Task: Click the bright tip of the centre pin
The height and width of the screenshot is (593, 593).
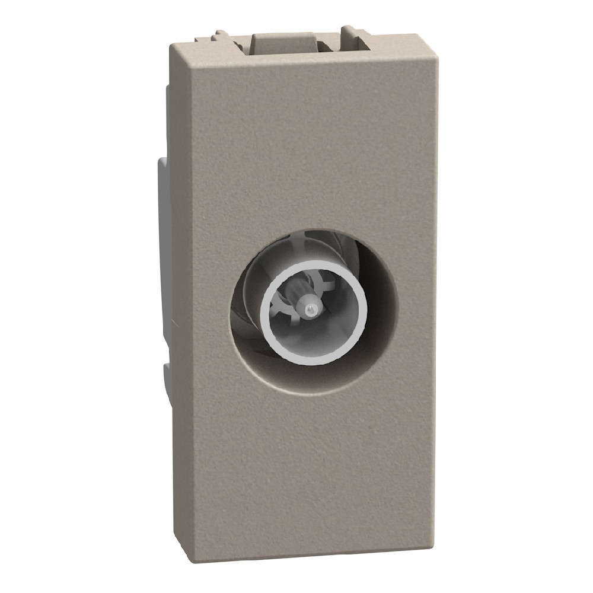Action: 310,310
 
